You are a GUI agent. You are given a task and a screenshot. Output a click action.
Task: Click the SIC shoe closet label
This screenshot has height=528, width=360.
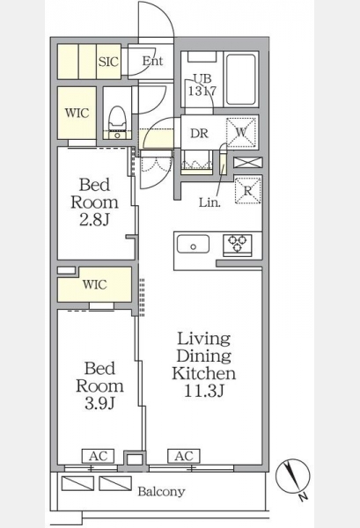(108, 62)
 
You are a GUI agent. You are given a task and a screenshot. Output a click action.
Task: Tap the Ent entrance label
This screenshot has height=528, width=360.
(152, 61)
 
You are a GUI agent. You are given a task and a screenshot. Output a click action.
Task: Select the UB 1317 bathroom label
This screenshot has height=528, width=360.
(202, 84)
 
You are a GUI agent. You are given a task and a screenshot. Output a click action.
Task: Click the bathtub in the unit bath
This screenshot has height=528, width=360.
(240, 79)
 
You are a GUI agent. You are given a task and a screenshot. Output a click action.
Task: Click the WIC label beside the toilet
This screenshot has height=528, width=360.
(77, 113)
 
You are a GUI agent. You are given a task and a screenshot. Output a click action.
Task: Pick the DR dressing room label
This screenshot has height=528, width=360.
(199, 134)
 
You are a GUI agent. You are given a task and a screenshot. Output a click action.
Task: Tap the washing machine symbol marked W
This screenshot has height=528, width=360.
(241, 132)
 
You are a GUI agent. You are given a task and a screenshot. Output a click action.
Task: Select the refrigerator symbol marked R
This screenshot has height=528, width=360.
(248, 190)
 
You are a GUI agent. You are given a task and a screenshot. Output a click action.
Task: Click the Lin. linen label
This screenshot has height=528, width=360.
(209, 202)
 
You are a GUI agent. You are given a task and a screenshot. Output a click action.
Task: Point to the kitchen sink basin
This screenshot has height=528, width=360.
(193, 244)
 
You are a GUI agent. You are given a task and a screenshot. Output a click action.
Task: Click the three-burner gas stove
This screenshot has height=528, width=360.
(238, 245)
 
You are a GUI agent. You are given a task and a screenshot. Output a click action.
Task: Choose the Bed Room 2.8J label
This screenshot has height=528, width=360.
(95, 202)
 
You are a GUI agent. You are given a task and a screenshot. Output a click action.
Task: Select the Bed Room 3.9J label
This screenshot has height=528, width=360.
(99, 385)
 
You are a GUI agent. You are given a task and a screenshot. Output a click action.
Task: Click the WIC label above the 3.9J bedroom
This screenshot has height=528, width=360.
(95, 284)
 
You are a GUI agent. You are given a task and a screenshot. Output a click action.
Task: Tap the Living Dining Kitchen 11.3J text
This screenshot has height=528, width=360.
(204, 364)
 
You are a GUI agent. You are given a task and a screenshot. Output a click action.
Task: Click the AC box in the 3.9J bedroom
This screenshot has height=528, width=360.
(98, 456)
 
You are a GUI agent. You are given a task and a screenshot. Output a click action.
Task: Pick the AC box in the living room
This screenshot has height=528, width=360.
(184, 456)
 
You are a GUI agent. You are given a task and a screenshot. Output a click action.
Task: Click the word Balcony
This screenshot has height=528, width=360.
(161, 492)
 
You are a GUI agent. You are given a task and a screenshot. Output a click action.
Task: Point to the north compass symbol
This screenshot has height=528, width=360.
(293, 477)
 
